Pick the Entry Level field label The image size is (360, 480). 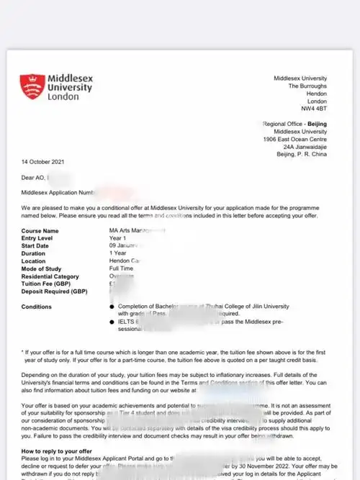pyautogui.click(x=40, y=238)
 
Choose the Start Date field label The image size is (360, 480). pyautogui.click(x=37, y=246)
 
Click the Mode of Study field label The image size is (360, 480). pyautogui.click(x=43, y=269)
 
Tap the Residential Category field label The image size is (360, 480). pyautogui.click(x=51, y=277)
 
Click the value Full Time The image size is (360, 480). pyautogui.click(x=123, y=269)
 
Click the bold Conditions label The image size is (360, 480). pyautogui.click(x=37, y=306)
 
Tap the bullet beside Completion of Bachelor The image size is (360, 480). pyautogui.click(x=111, y=306)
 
